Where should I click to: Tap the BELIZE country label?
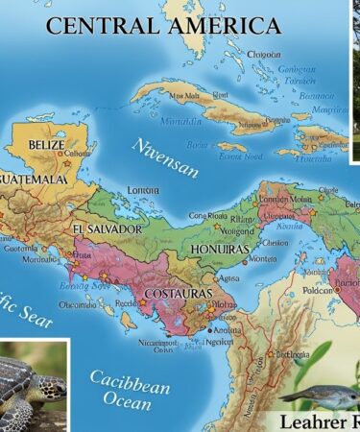click(x=46, y=145)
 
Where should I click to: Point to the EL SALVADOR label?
click(x=107, y=230)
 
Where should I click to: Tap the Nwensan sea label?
click(x=165, y=158)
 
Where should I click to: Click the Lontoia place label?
click(x=143, y=190)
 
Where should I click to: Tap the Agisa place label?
click(x=228, y=276)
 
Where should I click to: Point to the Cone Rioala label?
click(x=208, y=216)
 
